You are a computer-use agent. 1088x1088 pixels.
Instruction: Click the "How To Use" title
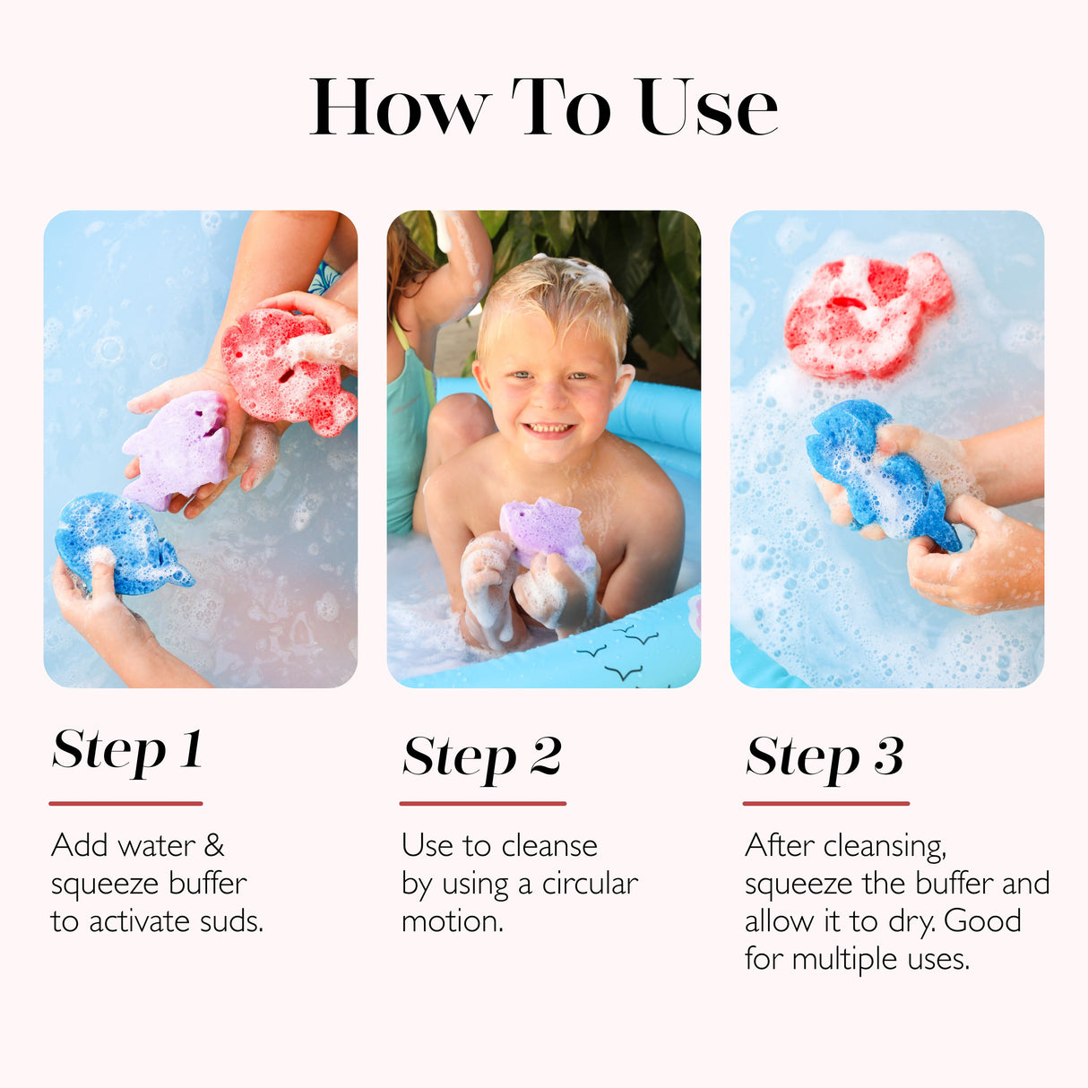(x=543, y=107)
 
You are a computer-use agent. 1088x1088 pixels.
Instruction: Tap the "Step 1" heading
(x=127, y=751)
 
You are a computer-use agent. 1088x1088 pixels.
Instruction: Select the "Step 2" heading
(x=482, y=757)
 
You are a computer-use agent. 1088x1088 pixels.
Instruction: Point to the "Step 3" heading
(x=825, y=757)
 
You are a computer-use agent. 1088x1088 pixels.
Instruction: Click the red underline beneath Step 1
(x=125, y=803)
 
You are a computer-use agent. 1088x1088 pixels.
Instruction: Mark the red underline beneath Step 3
(x=825, y=803)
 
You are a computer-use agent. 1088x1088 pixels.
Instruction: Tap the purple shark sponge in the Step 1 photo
(x=179, y=448)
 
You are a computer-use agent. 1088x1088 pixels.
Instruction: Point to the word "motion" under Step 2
(x=450, y=921)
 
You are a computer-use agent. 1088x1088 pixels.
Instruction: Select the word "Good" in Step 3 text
(x=982, y=921)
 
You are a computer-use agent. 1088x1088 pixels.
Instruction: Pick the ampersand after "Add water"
(x=214, y=845)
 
